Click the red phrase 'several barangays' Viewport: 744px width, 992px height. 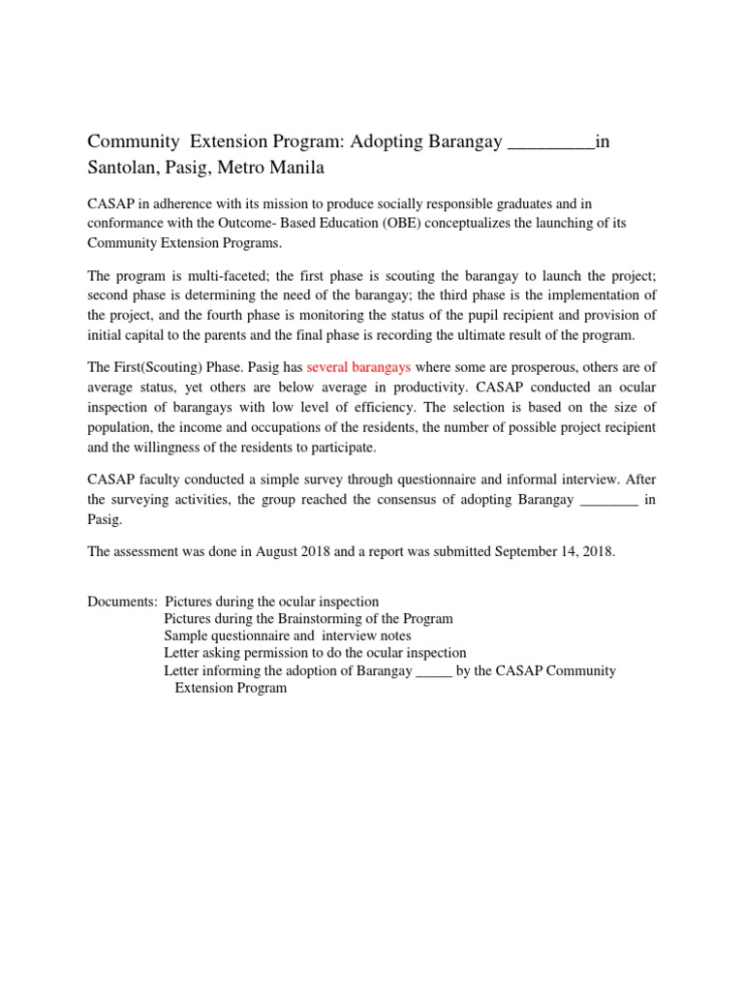point(358,368)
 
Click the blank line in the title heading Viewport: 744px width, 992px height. point(551,143)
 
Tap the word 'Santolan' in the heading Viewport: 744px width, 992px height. point(123,169)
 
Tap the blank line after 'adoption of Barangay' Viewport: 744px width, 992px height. point(433,671)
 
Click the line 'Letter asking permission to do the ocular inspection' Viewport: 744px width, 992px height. point(315,654)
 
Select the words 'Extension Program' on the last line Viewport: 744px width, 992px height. point(231,689)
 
